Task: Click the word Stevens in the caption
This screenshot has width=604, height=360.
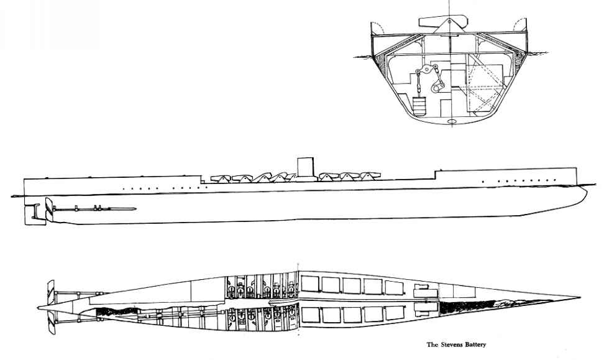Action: tap(450, 344)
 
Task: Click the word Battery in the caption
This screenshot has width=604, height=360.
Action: tap(474, 345)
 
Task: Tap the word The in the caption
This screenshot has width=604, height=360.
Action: tap(432, 344)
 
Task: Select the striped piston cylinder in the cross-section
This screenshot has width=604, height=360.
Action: tap(419, 106)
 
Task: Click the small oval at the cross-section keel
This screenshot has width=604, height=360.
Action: tap(452, 122)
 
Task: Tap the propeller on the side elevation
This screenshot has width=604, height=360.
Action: tap(49, 210)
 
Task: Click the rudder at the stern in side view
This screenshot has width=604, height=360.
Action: tap(32, 215)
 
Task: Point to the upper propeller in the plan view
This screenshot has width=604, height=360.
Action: tap(51, 292)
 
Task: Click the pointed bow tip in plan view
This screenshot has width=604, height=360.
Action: tap(580, 298)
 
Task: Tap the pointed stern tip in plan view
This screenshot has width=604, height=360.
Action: tap(38, 308)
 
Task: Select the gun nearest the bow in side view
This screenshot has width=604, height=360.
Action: tap(370, 176)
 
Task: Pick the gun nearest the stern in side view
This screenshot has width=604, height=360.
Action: tap(221, 178)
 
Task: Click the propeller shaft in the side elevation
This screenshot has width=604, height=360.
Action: tap(94, 209)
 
